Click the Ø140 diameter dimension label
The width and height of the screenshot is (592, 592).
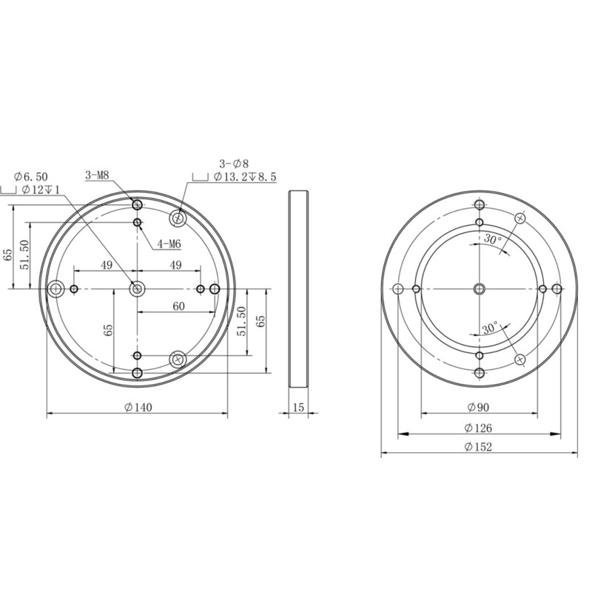click(138, 407)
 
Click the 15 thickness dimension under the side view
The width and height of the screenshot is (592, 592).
click(298, 407)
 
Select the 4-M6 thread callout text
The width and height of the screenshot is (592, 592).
click(169, 243)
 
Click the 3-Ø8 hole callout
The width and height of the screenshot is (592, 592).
click(233, 163)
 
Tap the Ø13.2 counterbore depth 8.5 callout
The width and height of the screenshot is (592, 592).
click(244, 178)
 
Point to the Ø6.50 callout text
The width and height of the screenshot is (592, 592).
click(31, 176)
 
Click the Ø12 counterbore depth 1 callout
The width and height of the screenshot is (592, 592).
click(41, 190)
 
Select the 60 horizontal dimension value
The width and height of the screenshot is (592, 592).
click(178, 306)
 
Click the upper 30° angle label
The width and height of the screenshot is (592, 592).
click(493, 240)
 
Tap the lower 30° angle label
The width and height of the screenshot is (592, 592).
click(489, 326)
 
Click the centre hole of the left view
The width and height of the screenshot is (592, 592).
click(137, 289)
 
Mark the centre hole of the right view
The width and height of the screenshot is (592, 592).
click(480, 289)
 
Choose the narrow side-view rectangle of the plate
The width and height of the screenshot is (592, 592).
click(298, 289)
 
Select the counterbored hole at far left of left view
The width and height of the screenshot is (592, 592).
click(55, 289)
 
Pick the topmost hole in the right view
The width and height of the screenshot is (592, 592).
click(480, 204)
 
